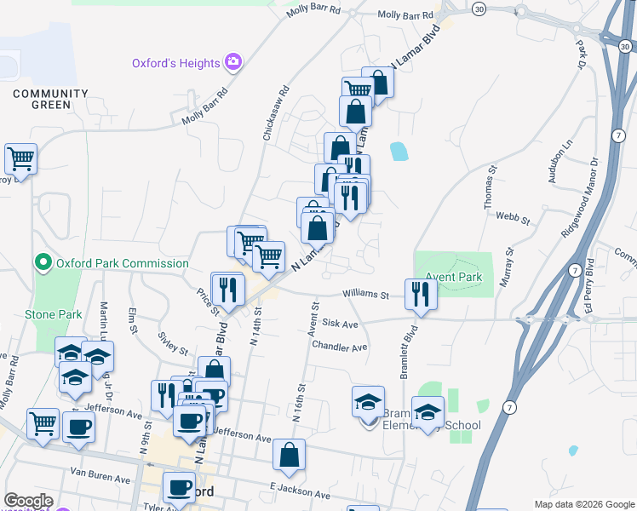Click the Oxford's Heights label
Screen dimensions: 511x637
coord(175,62)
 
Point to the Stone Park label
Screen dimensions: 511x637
coord(54,314)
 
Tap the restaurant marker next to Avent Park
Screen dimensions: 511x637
coord(421,294)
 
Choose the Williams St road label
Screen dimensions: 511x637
coord(365,295)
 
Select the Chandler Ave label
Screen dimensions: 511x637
coord(339,347)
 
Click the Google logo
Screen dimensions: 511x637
coord(28,501)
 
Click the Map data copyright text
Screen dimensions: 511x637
coord(583,504)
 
